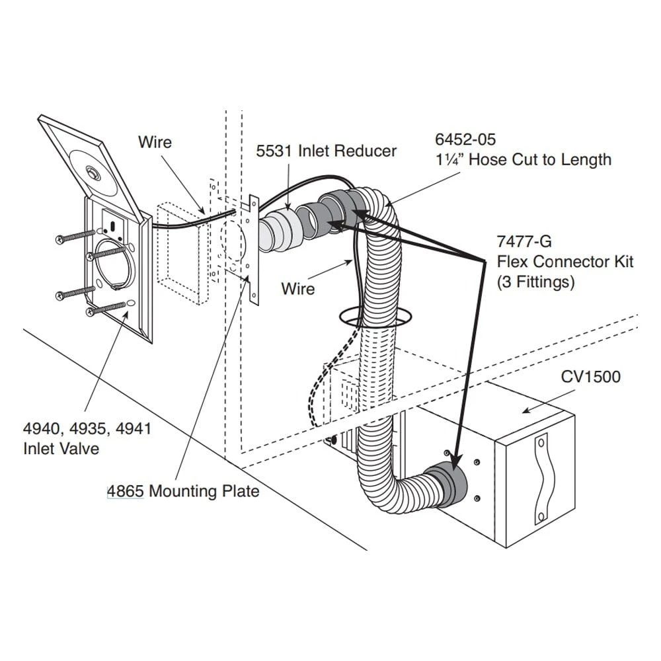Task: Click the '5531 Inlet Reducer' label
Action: coord(327,151)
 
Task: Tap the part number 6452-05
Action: coord(465,139)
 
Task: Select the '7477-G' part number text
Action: coord(524,241)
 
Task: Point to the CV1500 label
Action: coord(591,377)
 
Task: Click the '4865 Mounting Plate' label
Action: coord(184,491)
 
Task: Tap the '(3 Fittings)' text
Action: coord(535,282)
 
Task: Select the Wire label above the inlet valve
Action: coord(155,142)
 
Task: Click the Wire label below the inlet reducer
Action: coord(297,288)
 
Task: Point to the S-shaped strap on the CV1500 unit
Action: coord(543,477)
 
